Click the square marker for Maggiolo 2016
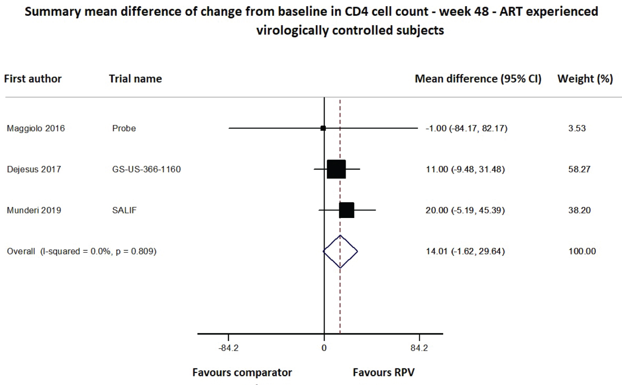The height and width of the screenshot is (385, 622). point(323,128)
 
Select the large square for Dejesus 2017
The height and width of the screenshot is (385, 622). point(336,169)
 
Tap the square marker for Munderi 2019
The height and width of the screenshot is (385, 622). point(347,210)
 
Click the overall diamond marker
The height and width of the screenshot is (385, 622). point(340,251)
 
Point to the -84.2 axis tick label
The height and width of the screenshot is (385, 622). point(228,348)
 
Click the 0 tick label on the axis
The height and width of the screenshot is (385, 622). point(324,348)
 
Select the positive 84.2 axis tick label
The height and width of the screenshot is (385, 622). point(419,348)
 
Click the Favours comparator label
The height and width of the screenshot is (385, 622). point(242,373)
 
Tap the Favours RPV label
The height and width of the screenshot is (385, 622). point(384,373)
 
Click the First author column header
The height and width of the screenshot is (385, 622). point(33,79)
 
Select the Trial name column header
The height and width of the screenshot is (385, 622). point(135,79)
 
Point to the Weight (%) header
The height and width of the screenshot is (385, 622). point(585,79)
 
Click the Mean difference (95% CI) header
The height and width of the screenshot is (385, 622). point(478,79)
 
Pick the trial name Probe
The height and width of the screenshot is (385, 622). point(124,128)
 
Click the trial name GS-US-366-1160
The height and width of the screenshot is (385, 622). point(146,169)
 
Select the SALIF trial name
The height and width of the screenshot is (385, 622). point(124,210)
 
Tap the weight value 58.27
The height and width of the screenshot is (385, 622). point(579,169)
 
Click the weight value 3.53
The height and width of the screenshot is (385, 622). point(577,128)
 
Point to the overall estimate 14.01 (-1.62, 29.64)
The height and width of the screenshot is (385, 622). point(465,251)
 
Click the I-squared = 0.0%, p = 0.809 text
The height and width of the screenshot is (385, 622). point(98,251)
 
